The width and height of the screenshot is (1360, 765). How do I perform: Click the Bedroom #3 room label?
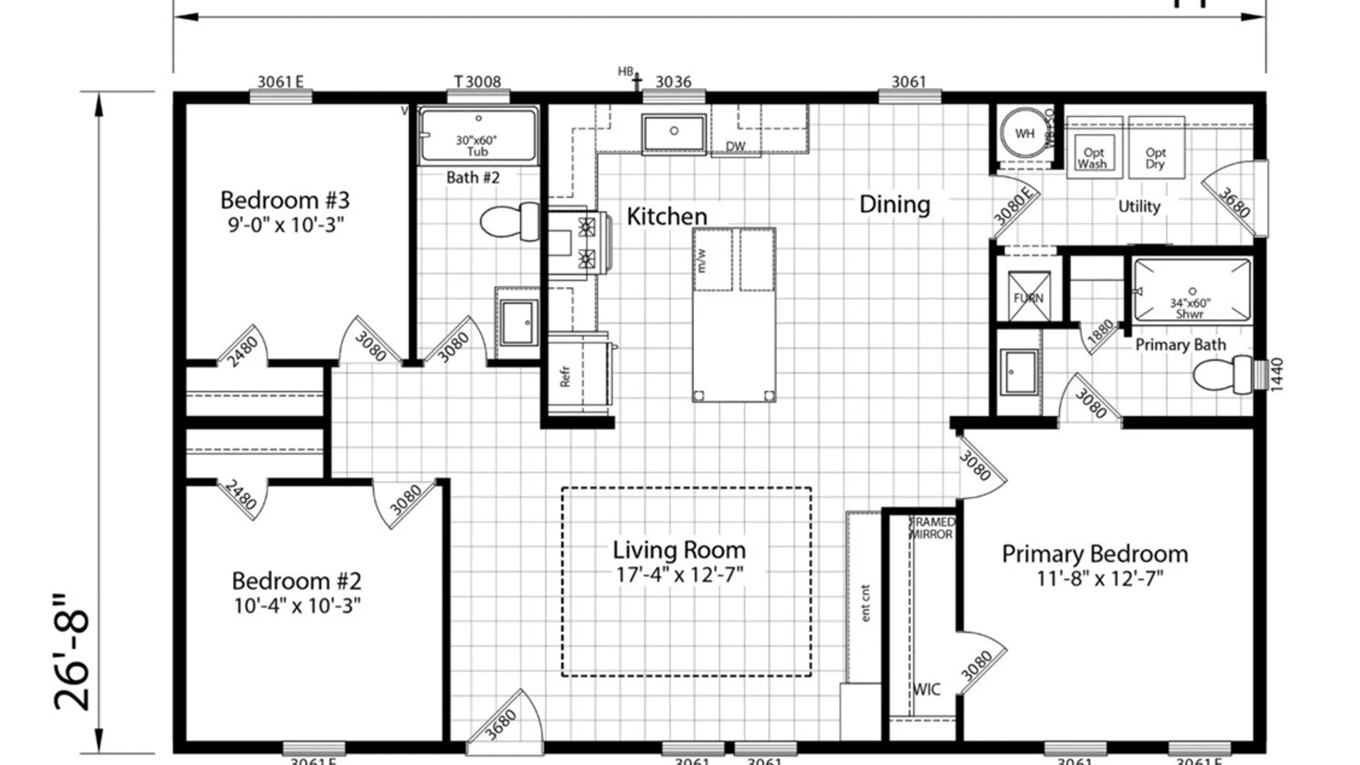click(285, 200)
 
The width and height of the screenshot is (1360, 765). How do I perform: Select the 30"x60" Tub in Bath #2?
click(477, 135)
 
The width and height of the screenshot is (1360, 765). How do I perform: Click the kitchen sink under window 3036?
click(674, 132)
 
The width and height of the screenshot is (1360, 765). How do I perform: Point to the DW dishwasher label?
click(735, 146)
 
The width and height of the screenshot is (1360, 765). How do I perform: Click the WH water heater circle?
click(1024, 133)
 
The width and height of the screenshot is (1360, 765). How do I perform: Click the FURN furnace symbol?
click(1028, 297)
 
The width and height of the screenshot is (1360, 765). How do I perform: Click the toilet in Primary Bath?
click(1222, 375)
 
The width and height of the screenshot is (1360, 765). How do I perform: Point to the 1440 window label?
click(1276, 374)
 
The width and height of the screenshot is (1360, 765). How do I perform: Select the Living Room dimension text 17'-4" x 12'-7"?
click(679, 574)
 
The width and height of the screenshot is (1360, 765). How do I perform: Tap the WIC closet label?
click(926, 689)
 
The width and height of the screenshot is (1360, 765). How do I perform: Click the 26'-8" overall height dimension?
click(72, 652)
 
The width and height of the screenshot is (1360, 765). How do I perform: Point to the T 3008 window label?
click(477, 81)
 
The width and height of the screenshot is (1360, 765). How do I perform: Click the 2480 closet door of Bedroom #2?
click(241, 497)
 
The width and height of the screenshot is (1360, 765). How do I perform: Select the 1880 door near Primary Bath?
click(1100, 334)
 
